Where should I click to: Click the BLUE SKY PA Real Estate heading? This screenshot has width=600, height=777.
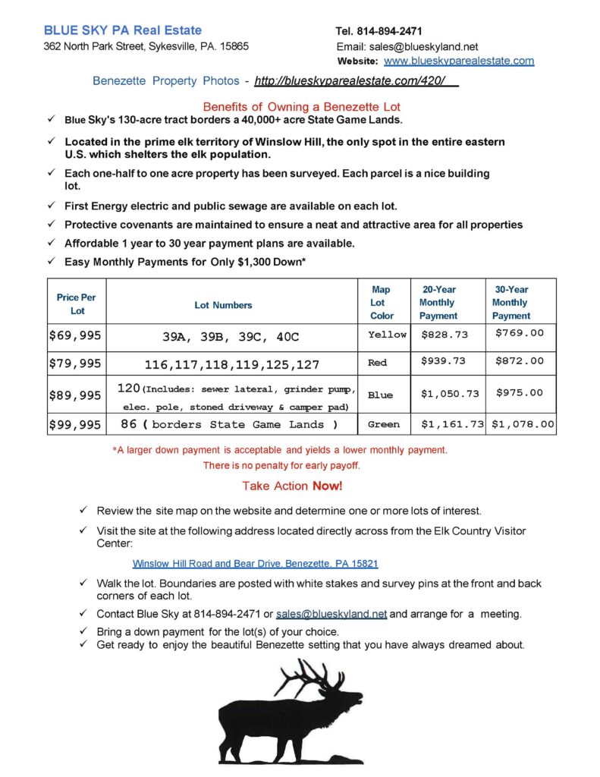(123, 30)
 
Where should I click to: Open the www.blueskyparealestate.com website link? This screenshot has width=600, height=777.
(459, 61)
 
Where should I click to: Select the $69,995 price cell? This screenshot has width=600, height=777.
(74, 335)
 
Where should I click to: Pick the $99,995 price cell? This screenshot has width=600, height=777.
(74, 425)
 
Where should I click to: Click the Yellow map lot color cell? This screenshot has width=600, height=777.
(387, 335)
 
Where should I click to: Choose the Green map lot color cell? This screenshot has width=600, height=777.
(384, 425)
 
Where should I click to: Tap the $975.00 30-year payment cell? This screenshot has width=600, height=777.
(520, 392)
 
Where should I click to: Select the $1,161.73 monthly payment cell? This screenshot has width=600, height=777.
(452, 425)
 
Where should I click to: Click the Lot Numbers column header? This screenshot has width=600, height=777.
(224, 305)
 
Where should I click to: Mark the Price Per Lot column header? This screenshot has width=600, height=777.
(77, 304)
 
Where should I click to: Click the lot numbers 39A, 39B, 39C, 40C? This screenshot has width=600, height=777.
(231, 335)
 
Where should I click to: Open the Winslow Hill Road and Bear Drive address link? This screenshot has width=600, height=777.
(255, 564)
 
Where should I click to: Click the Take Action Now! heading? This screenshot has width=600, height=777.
(292, 486)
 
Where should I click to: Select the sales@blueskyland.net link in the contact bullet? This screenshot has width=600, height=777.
(331, 614)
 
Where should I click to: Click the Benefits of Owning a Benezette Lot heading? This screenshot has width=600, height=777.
(301, 107)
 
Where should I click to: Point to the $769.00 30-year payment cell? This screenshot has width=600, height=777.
(520, 333)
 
